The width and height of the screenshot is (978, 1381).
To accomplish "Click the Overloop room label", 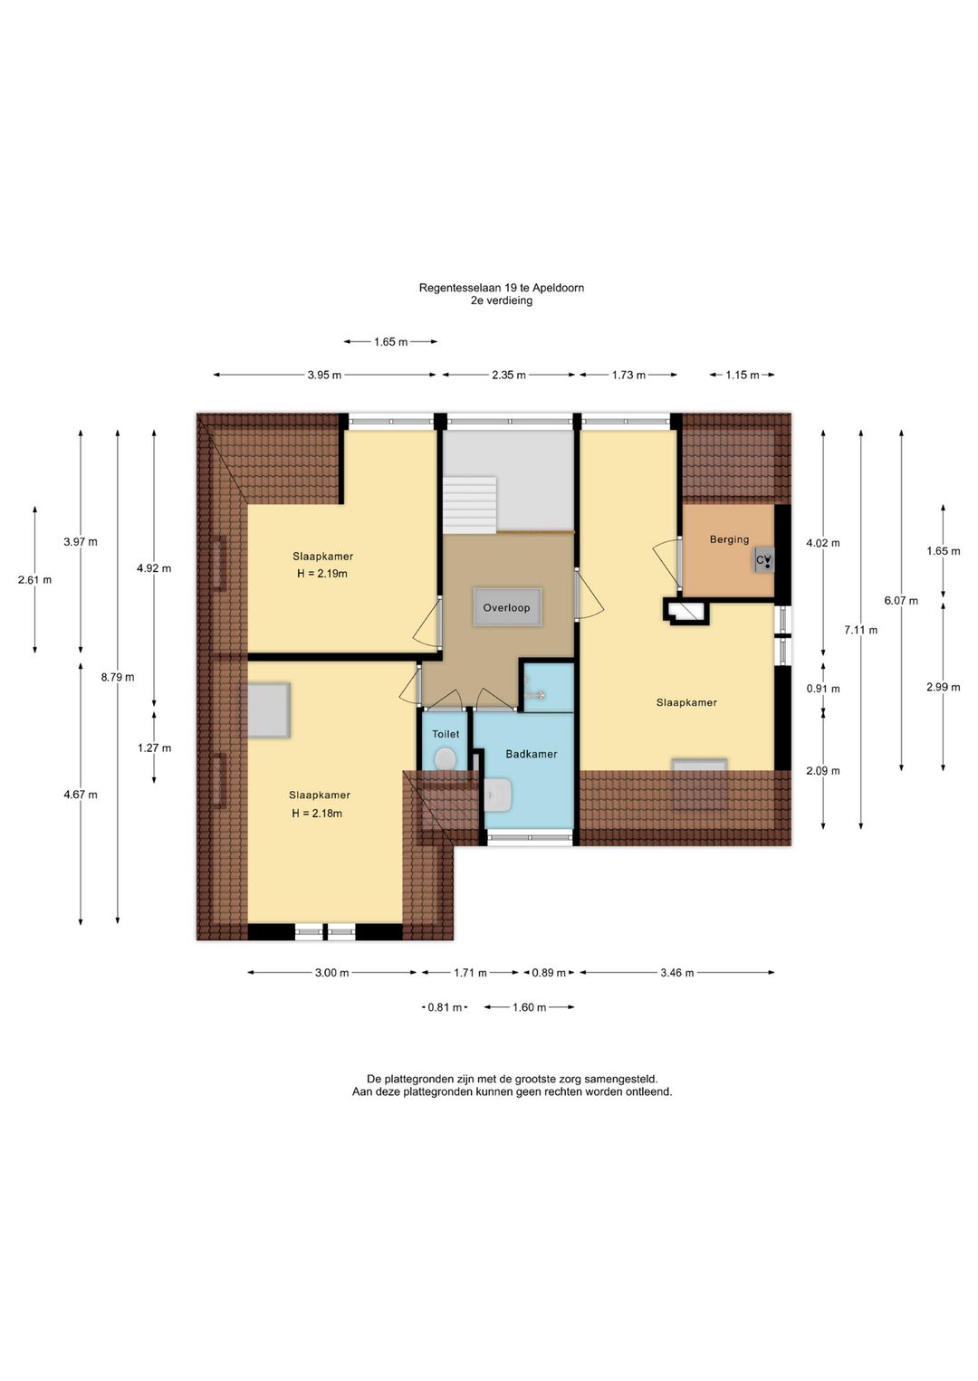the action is [x=506, y=608].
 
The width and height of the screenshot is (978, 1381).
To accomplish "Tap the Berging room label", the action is [x=729, y=539].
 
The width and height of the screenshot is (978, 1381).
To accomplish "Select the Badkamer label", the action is [x=532, y=754].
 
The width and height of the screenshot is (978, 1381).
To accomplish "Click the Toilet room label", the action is [x=446, y=734].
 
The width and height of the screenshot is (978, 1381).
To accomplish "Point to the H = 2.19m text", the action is [x=322, y=574].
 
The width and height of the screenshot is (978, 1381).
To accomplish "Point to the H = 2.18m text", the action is [x=317, y=814].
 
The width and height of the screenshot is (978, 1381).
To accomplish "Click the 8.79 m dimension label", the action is [x=118, y=677].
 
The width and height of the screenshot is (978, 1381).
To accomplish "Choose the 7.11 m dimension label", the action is [x=861, y=630].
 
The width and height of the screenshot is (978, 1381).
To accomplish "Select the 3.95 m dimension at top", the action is [x=324, y=375].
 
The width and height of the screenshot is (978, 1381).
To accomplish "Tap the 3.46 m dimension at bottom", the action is [x=676, y=973].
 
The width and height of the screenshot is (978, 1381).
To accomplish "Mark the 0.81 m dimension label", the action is [x=445, y=1007].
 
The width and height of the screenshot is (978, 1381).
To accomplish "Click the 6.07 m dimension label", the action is [x=901, y=601].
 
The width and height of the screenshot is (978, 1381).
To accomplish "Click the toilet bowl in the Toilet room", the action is [x=445, y=759].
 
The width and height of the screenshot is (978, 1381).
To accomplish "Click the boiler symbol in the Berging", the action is [x=764, y=560].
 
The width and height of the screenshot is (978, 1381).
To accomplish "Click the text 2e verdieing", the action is [x=501, y=300].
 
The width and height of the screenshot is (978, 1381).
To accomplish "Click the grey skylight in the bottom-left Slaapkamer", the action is [x=268, y=710].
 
